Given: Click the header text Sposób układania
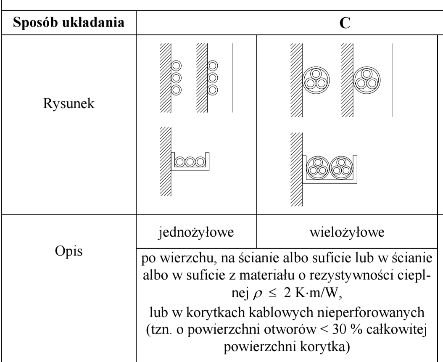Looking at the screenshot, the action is [x=69, y=23].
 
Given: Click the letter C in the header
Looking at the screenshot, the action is [x=345, y=23].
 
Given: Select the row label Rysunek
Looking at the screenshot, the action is [x=69, y=103].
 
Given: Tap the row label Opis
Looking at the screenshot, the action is [x=69, y=251].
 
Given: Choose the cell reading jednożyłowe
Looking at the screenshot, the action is [x=196, y=232].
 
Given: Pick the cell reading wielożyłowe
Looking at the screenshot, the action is [x=347, y=232].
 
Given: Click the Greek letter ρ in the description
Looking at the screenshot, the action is [x=258, y=294].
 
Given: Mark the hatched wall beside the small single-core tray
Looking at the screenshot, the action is [x=166, y=161].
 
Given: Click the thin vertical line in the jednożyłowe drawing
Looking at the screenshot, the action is [x=233, y=78].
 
